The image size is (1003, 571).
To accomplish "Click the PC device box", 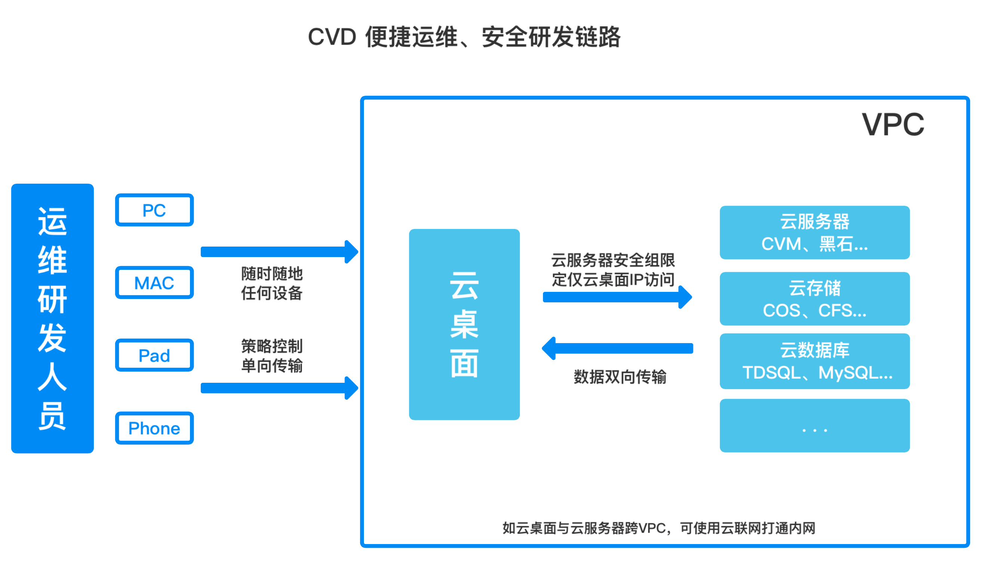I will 154,210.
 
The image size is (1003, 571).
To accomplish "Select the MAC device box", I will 154,283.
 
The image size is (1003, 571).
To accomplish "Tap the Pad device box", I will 154,355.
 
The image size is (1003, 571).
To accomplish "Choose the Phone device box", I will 154,428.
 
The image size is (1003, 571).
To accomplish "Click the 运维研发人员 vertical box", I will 52,318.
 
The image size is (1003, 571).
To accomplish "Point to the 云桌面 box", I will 464,324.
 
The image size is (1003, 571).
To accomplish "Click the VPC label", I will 892,125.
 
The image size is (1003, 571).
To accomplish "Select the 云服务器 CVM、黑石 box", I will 814,233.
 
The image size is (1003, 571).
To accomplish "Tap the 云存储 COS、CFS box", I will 814,299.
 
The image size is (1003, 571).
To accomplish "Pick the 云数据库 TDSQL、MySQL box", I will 814,361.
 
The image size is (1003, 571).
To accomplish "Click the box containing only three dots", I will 814,425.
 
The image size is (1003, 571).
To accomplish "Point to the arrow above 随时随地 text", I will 278,252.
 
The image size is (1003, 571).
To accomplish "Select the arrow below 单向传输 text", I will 278,388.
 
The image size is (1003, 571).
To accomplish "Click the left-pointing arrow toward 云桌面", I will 617,348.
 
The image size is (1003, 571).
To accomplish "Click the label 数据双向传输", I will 620,377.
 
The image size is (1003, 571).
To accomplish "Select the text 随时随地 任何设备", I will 271,283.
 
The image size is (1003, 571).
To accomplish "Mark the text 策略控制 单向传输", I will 271,356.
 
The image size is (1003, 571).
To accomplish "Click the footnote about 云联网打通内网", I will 659,528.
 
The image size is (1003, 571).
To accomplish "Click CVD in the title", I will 332,37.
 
